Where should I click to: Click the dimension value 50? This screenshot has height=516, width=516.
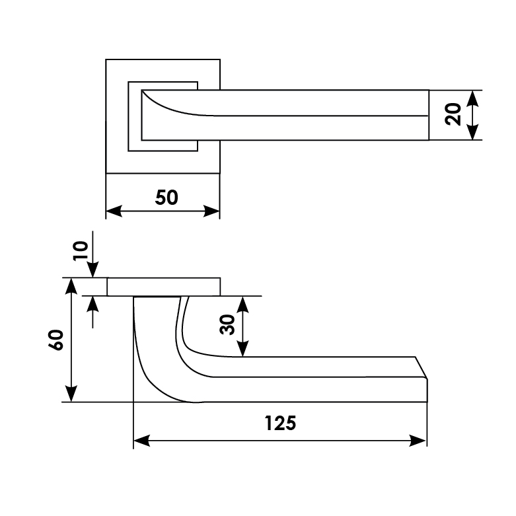[x=166, y=197]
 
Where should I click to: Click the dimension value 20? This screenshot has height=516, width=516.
[x=453, y=114]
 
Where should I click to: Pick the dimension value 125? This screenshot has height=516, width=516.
[x=279, y=423]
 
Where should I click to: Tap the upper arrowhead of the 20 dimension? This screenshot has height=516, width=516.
[x=472, y=98]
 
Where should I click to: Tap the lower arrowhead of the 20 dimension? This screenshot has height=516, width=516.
[x=472, y=132]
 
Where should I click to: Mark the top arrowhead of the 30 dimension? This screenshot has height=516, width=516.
[x=243, y=305]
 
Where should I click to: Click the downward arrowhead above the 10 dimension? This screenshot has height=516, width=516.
[x=93, y=270]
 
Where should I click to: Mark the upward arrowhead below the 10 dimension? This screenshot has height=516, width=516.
[x=93, y=305]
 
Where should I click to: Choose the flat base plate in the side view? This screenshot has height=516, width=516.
[x=163, y=287]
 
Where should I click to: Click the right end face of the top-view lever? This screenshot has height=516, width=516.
[x=427, y=114]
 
